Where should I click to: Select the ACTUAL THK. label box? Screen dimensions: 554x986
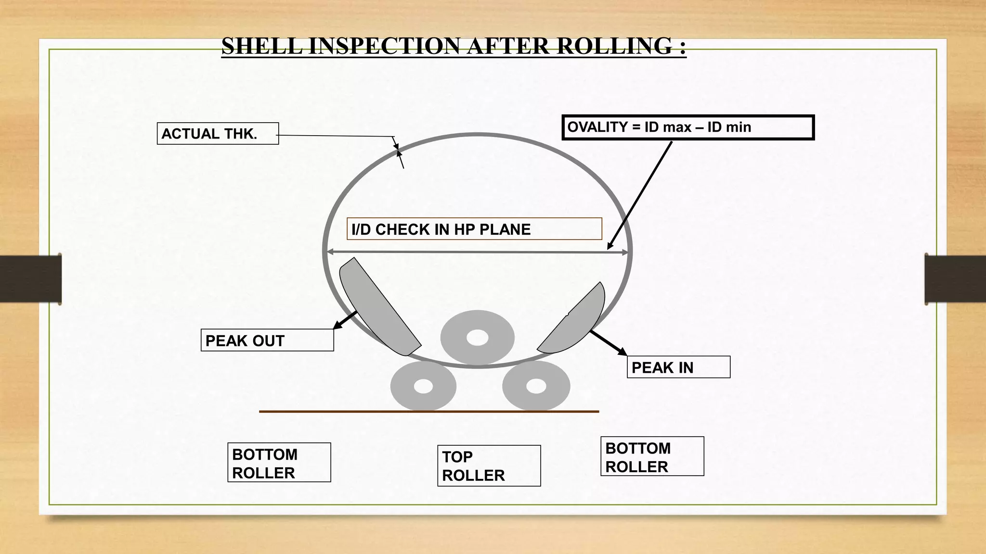218,134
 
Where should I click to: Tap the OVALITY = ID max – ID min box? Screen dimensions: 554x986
688,127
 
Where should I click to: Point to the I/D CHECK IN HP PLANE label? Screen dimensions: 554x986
474,229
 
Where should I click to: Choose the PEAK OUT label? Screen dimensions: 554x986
267,340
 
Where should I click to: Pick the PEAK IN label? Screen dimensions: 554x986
678,367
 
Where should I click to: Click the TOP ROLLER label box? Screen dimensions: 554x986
489,466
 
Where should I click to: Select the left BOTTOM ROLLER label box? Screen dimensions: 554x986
279,463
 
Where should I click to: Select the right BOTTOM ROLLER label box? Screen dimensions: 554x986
652,456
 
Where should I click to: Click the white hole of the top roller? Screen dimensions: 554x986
478,338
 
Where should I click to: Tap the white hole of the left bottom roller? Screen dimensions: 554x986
423,386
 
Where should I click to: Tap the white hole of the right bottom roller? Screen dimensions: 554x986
536,386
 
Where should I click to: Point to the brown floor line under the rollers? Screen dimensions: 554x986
428,412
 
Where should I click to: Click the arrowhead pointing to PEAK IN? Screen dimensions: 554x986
622,352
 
